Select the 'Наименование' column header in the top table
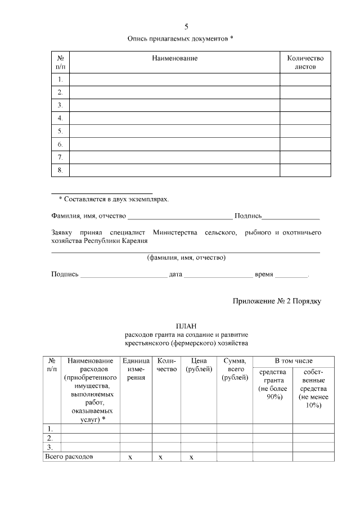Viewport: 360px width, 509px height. coord(174,58)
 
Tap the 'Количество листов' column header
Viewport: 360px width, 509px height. coord(305,62)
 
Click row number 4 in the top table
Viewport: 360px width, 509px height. coord(60,118)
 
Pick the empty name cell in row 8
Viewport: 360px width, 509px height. coord(174,170)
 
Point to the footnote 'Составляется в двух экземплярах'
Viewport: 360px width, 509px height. coord(114,199)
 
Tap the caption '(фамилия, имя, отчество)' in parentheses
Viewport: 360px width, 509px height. coord(186,258)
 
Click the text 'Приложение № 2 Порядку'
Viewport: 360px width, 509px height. coord(277,301)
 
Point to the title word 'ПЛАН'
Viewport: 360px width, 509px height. coord(186,326)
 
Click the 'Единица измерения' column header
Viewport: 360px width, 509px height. coord(136,369)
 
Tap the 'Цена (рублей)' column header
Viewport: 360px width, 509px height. coord(199,365)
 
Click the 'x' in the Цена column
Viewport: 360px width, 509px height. coord(191,457)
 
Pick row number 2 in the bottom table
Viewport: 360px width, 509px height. coord(50,438)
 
